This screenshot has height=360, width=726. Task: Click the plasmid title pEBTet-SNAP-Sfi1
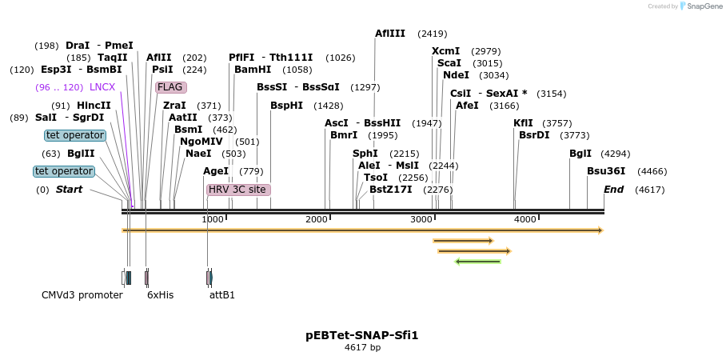(361, 335)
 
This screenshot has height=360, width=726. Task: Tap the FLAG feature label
(170, 87)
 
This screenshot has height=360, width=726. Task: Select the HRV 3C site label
(238, 190)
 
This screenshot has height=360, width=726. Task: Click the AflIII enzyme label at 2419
(390, 34)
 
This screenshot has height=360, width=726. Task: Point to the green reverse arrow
(477, 261)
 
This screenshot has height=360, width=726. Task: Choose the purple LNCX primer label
(102, 87)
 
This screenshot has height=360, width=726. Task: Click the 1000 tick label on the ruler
(213, 219)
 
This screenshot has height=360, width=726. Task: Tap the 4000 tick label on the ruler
(525, 219)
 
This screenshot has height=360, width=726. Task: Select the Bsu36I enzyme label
(606, 171)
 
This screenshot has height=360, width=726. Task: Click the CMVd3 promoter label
(82, 295)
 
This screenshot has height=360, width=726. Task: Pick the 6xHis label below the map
(160, 295)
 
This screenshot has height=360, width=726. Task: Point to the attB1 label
(222, 295)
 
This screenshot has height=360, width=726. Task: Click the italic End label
(613, 190)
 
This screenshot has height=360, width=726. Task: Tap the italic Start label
(69, 190)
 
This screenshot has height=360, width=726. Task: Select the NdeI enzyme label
(456, 75)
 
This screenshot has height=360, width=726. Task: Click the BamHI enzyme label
(252, 70)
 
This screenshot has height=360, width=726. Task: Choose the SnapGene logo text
(704, 6)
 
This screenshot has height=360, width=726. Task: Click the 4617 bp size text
(362, 348)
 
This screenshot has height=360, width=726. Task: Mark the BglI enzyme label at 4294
(580, 154)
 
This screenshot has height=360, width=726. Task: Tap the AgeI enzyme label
(216, 171)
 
